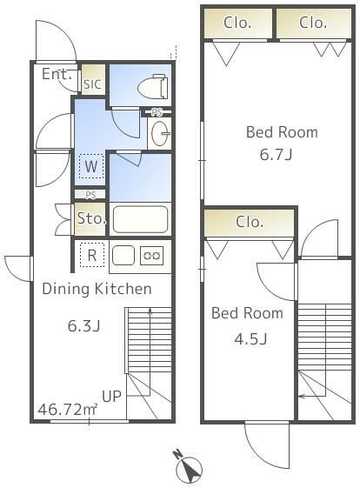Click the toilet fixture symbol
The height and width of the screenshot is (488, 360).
coord(153,86)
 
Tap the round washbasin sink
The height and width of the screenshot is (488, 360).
coord(160,134)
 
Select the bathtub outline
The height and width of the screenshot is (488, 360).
coord(140,219)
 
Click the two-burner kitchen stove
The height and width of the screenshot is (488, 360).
coord(152,256)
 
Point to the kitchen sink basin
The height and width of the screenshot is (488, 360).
coord(123,255)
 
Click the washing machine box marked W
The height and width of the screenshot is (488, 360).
coord(91,166)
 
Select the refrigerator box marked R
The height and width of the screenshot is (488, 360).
coord(92,255)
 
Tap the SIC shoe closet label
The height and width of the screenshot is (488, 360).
coord(92,84)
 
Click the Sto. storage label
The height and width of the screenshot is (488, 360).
coord(91,218)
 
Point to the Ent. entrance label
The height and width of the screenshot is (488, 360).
coord(57,74)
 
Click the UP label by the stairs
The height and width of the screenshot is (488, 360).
coord(111,396)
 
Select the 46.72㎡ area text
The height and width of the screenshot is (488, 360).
coord(68,409)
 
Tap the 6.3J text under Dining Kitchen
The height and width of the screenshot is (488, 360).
coord(83,326)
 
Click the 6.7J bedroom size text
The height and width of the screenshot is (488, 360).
coord(276,154)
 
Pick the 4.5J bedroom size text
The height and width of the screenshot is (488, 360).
coord(250,338)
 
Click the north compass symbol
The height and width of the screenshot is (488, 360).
coord(188,466)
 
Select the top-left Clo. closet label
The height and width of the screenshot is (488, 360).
coord(237,23)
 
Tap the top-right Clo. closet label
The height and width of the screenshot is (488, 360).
coord(313,23)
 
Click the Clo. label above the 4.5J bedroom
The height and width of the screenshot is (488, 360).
coord(250,222)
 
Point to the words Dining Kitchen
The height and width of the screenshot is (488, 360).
coord(97,289)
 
